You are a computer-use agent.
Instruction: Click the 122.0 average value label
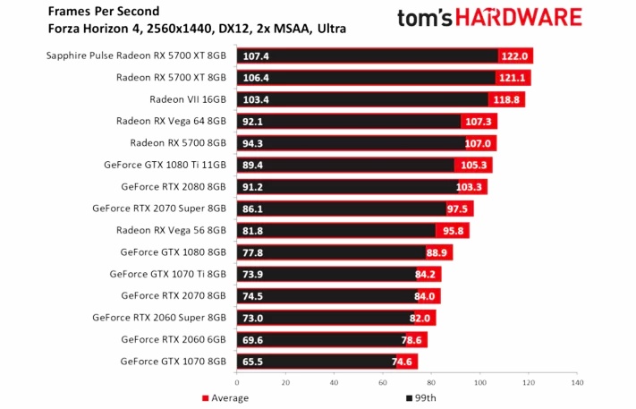click(x=515, y=55)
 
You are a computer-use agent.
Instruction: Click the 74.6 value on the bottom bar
click(x=404, y=362)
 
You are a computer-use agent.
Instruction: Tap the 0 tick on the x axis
click(x=237, y=382)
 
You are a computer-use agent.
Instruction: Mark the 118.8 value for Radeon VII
click(x=506, y=98)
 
